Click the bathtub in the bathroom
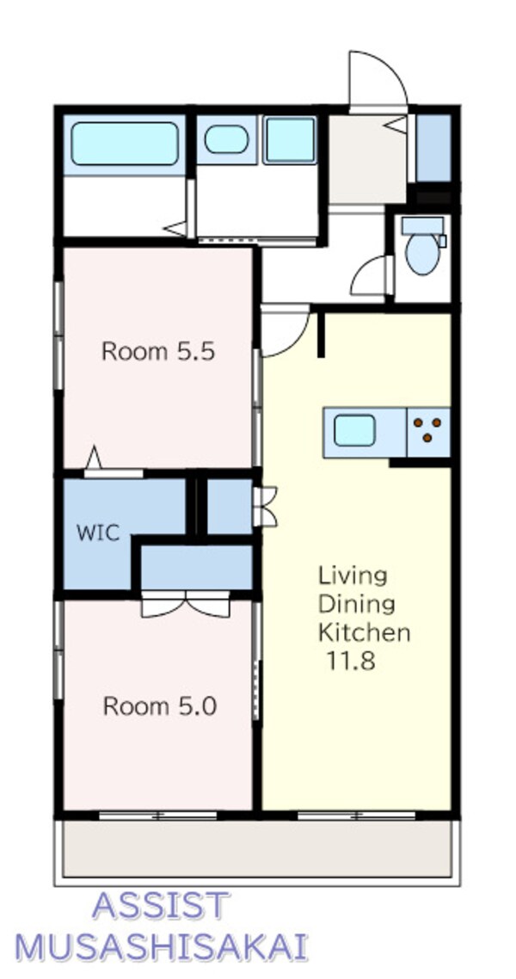pos(124,143)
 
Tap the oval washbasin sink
pos(226,139)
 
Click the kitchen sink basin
pos(353,431)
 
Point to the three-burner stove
pos(428,432)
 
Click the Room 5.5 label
pos(158,352)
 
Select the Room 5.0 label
pos(159,706)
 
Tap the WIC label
pos(98,533)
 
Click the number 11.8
pos(350,661)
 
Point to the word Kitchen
pos(365,632)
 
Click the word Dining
pos(356,604)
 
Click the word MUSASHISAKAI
pos(161,946)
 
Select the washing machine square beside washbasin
pos(290,140)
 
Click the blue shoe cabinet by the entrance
pos(433,147)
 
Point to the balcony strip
pos(257,848)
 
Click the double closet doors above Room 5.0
pos(185,605)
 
